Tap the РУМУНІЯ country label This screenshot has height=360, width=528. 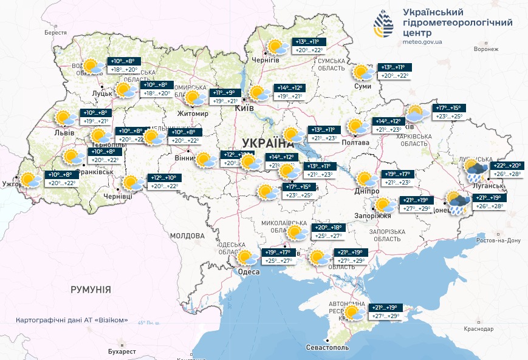[x=91, y=290]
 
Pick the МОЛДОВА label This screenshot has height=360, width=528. [x=187, y=236]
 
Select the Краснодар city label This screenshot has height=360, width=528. [x=476, y=328]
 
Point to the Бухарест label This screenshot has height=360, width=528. [x=120, y=352]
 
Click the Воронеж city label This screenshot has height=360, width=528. [x=485, y=49]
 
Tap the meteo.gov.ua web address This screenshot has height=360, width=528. [x=422, y=42]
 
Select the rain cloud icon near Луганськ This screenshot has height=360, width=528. [x=475, y=170]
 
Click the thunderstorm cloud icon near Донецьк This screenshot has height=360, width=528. [x=457, y=203]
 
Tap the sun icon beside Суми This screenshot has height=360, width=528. [x=364, y=72]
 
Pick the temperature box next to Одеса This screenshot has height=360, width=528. [x=279, y=257]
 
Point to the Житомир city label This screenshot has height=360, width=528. [x=192, y=114]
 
